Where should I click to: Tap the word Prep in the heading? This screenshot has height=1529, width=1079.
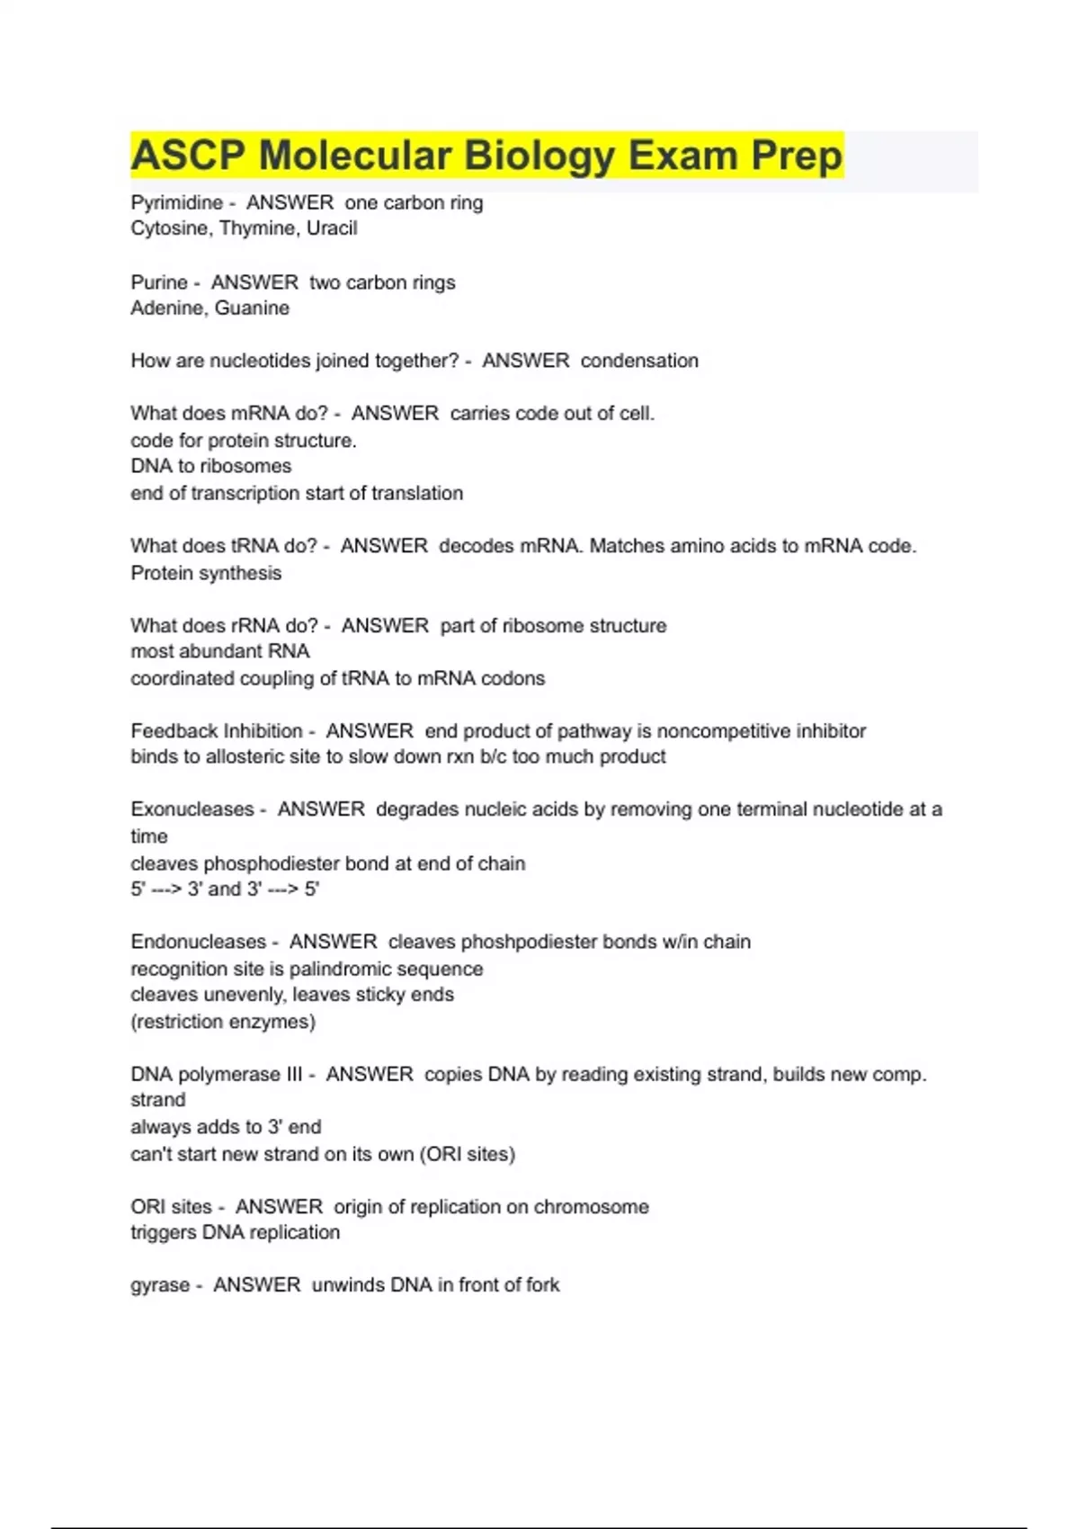[797, 156]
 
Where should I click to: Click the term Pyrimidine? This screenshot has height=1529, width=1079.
[176, 203]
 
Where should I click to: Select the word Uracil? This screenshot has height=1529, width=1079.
[332, 228]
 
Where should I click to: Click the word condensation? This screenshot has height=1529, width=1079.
[639, 361]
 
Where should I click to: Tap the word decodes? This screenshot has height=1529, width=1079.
[475, 546]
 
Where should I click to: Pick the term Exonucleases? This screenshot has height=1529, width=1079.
[192, 809]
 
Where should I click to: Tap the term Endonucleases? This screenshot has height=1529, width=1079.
[199, 942]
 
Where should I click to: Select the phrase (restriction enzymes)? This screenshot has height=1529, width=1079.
[223, 1022]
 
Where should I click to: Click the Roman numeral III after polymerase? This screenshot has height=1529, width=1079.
[293, 1074]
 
